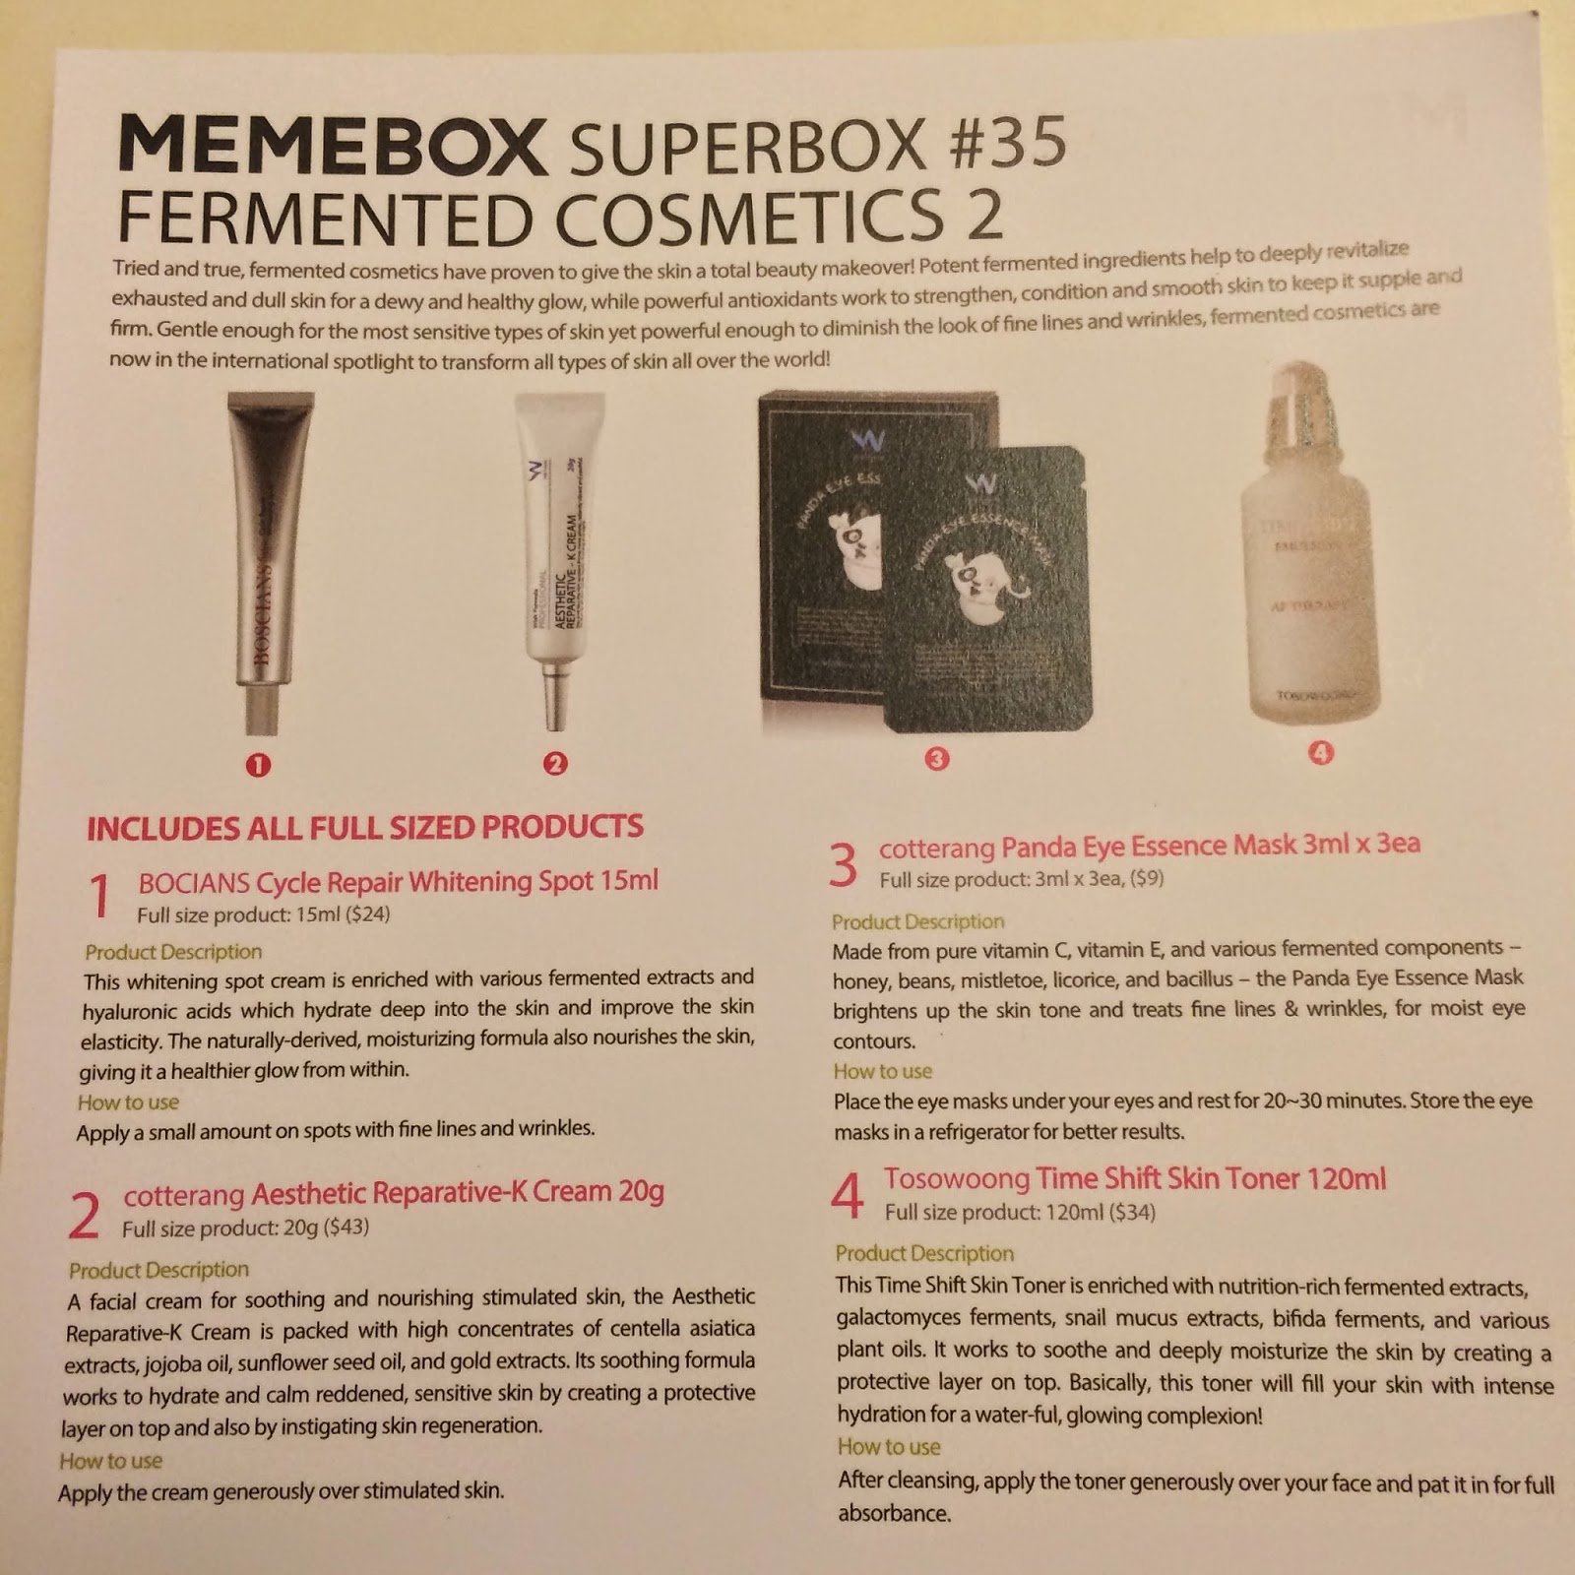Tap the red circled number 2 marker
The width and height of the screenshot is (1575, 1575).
pyautogui.click(x=555, y=763)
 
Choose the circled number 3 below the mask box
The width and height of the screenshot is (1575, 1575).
pyautogui.click(x=937, y=758)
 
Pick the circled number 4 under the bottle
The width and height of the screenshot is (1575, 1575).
pyautogui.click(x=1320, y=753)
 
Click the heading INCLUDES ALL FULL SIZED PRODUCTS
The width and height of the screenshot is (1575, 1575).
pyautogui.click(x=365, y=827)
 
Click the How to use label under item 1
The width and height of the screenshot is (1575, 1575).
pyautogui.click(x=128, y=1102)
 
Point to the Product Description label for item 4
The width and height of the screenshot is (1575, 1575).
pyautogui.click(x=924, y=1253)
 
